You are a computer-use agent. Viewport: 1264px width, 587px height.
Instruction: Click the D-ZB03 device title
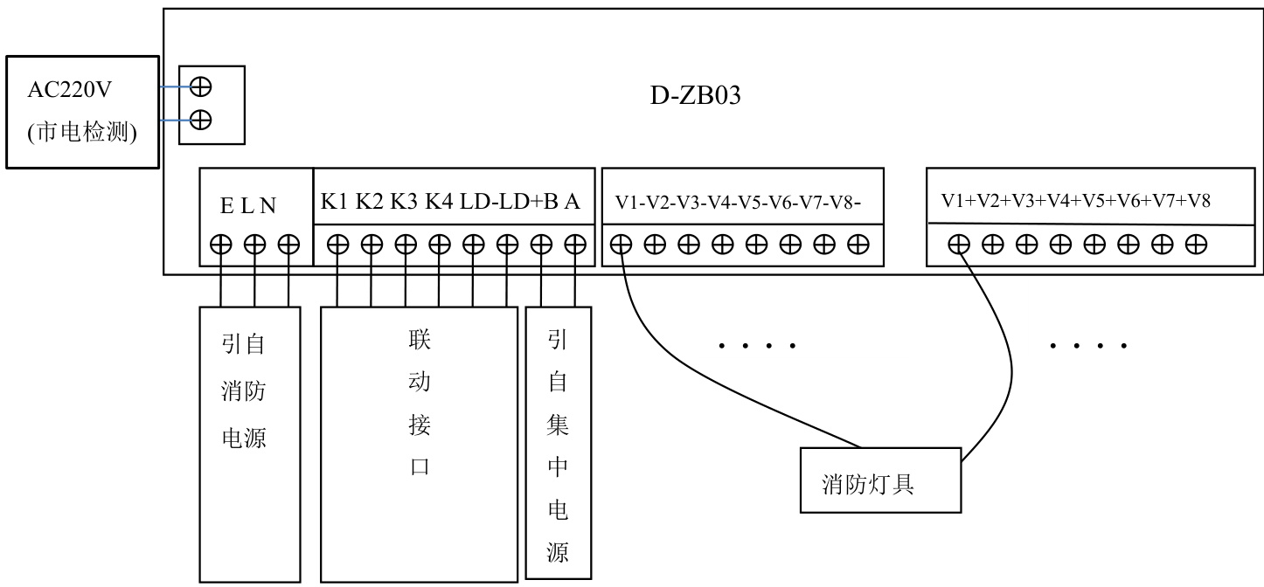tap(696, 96)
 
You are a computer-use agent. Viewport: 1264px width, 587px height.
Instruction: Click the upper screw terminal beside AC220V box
tap(200, 86)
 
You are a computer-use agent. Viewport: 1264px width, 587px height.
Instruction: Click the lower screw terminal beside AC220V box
tap(200, 119)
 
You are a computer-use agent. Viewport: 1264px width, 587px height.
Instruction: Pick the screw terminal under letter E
tap(221, 245)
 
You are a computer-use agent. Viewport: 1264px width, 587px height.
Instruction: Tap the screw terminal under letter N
tap(288, 245)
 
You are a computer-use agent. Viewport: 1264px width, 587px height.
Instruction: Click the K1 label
tap(334, 202)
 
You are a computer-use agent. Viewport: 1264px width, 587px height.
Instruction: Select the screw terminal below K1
tap(337, 245)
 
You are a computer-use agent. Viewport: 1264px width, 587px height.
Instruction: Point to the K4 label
tap(438, 202)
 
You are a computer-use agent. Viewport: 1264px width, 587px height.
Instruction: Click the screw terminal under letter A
tap(574, 245)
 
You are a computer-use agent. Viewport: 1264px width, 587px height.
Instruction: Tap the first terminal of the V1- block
tap(621, 245)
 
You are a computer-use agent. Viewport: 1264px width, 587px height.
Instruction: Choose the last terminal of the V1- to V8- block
tap(858, 245)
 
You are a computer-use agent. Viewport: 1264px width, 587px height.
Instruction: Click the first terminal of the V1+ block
tap(959, 245)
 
